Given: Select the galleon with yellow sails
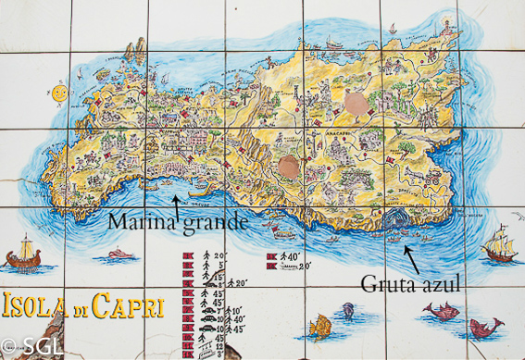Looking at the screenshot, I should [x=497, y=245].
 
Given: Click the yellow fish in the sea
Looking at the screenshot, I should [x=319, y=325].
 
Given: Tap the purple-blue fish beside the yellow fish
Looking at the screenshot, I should [x=347, y=310].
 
